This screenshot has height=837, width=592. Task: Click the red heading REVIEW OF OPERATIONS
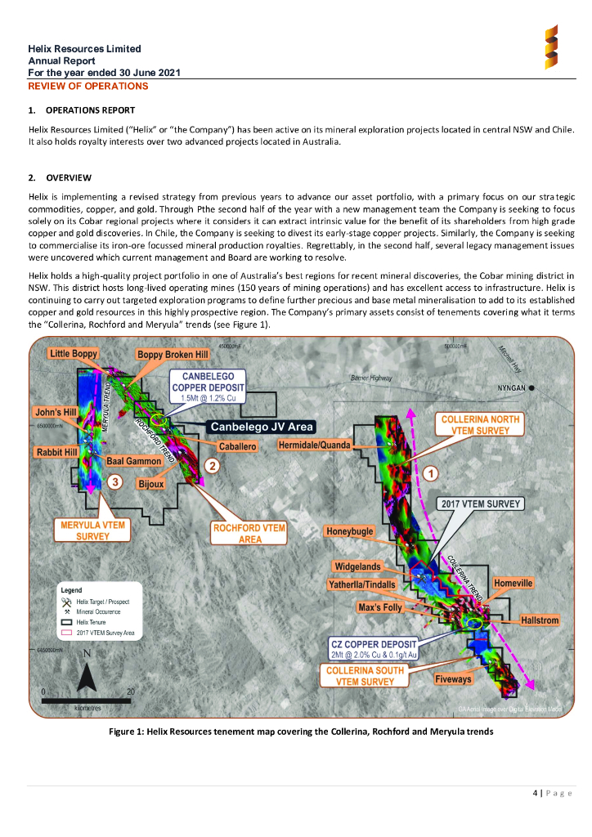(x=88, y=86)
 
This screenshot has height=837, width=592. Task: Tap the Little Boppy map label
(x=74, y=354)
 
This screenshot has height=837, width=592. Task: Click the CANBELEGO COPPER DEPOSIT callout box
(x=203, y=386)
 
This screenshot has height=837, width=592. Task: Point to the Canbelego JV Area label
(x=262, y=427)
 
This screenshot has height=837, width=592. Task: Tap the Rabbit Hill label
(x=56, y=451)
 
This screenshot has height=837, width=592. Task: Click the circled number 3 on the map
(x=116, y=481)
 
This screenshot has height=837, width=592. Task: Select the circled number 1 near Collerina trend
(x=431, y=472)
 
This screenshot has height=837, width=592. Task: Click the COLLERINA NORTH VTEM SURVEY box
(x=480, y=425)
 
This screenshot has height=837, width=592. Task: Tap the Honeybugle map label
(x=350, y=531)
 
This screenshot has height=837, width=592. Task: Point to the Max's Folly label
(x=380, y=608)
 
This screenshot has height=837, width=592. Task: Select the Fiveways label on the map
(x=453, y=679)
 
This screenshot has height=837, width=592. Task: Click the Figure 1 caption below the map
(x=301, y=732)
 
